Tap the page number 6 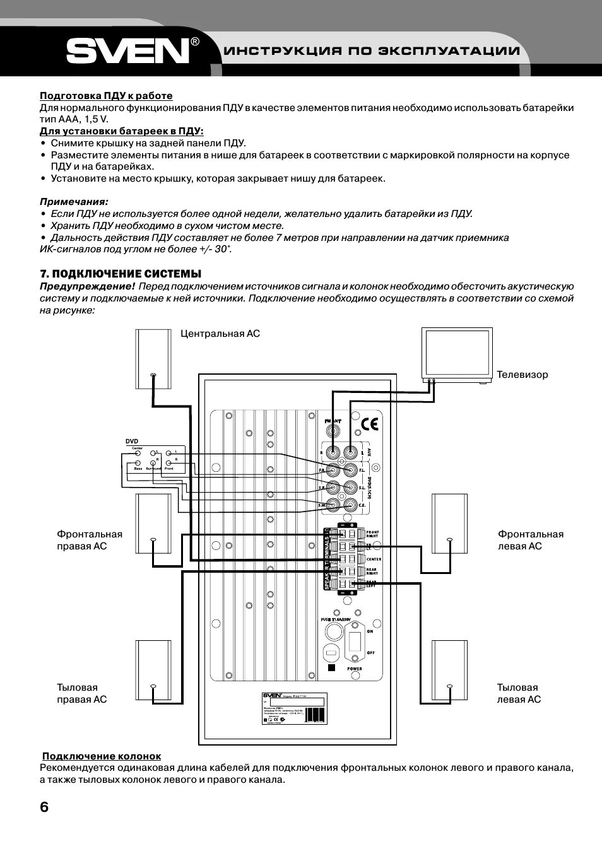click(44, 808)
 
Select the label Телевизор click(522, 375)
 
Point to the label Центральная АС click(220, 333)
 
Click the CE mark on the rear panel click(370, 424)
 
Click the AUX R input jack click(332, 452)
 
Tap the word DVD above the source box click(131, 442)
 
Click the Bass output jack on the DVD click(138, 463)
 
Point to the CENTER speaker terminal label click(374, 559)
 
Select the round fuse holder click(331, 650)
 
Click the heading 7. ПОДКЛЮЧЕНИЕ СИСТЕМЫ click(121, 274)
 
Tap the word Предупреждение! click(87, 286)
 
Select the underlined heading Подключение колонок click(101, 756)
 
